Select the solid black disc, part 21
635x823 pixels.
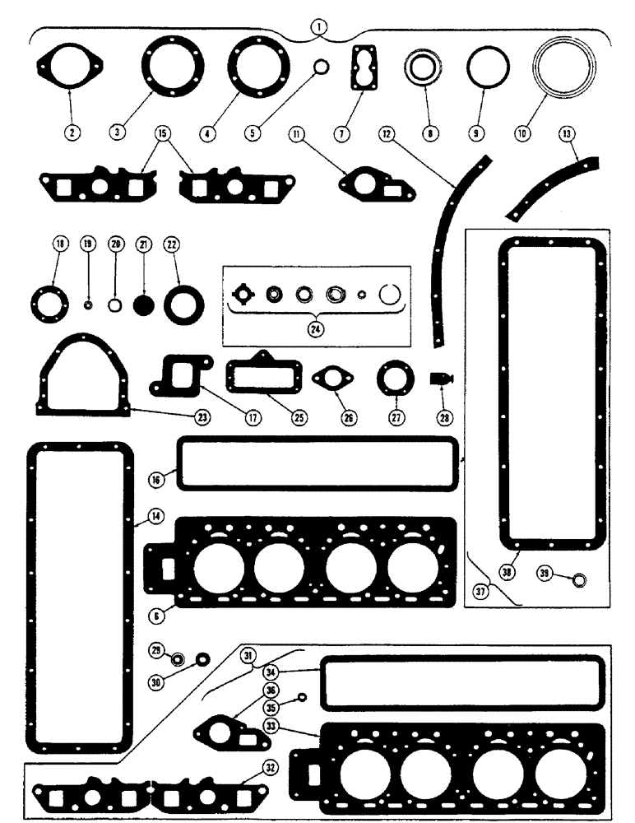(x=145, y=304)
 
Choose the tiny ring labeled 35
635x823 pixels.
(x=302, y=698)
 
